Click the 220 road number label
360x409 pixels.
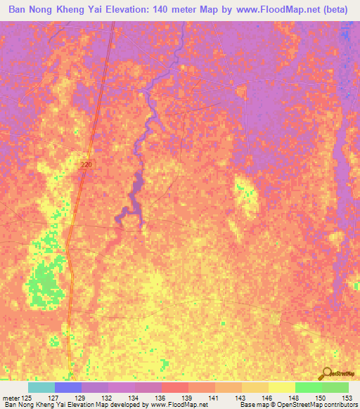coord(86,164)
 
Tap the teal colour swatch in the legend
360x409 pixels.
coord(41,387)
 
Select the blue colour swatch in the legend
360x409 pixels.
coord(67,387)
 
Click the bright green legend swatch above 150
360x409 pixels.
coord(307,387)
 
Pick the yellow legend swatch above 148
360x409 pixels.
coord(281,387)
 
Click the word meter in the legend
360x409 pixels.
coord(12,398)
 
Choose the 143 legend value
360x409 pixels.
coord(241,398)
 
